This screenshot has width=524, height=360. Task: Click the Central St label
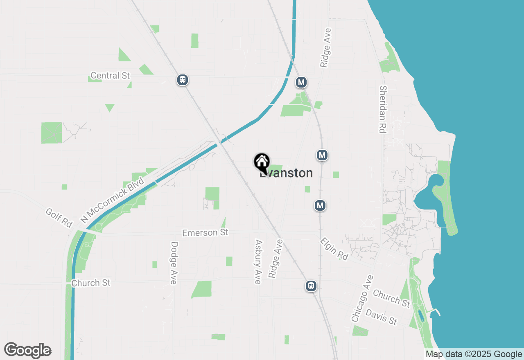click(110, 76)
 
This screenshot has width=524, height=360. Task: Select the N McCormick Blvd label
click(113, 200)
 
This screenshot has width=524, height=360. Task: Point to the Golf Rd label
click(59, 218)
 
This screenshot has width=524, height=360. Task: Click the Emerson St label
click(205, 232)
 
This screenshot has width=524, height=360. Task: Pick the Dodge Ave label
click(174, 263)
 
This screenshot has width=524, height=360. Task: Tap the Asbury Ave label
click(258, 262)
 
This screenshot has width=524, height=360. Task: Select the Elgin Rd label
click(334, 249)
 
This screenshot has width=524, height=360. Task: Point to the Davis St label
click(382, 317)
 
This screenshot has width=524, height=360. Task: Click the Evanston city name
click(287, 173)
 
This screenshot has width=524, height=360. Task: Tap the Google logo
click(28, 351)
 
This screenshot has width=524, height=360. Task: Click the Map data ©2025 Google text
click(474, 354)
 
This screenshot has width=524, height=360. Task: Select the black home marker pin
click(262, 162)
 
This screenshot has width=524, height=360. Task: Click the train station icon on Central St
click(183, 79)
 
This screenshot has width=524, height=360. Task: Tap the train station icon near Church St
click(311, 286)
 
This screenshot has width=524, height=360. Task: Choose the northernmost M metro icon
click(301, 82)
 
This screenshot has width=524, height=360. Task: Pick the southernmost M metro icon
click(320, 205)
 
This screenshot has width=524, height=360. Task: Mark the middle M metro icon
click(322, 155)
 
